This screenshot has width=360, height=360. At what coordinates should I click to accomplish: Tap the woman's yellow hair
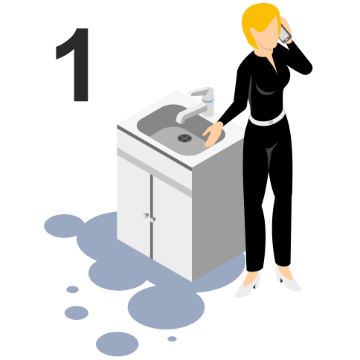click(x=258, y=22)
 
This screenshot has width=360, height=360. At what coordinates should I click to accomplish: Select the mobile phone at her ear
click(x=285, y=34)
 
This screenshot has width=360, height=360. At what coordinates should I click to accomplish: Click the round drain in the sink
click(x=184, y=138)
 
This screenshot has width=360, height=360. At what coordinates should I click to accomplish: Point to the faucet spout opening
click(x=180, y=120)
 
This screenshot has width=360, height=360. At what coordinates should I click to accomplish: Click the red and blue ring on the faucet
click(x=208, y=100)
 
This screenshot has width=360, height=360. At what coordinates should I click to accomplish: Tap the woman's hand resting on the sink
click(x=213, y=133)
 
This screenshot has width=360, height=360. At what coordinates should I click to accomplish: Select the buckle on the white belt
click(x=270, y=122)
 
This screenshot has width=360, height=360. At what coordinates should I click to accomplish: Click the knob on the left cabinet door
click(x=146, y=216)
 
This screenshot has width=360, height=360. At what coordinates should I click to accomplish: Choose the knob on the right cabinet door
click(x=152, y=219)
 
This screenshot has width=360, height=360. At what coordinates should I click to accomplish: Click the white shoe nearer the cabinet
click(x=248, y=285)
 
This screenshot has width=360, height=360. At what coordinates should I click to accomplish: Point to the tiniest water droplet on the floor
click(x=172, y=338)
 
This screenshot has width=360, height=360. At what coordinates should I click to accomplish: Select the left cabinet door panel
click(x=134, y=206)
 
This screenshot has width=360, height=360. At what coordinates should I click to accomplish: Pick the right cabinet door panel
click(x=172, y=227)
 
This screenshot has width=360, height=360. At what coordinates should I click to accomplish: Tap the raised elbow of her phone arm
click(x=306, y=68)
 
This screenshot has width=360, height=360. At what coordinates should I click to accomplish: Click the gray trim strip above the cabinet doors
click(x=154, y=172)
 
